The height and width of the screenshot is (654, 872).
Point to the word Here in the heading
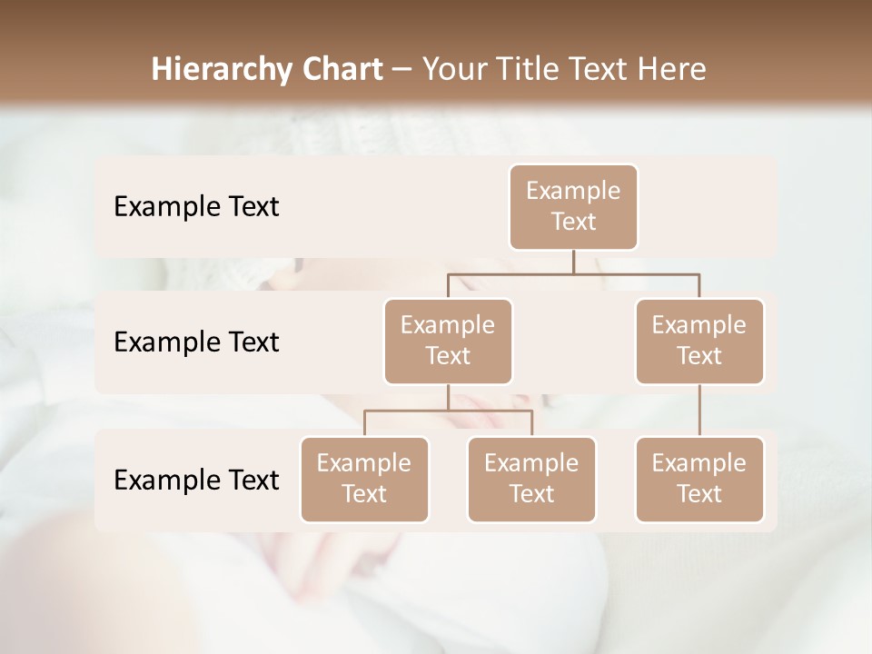[673, 69]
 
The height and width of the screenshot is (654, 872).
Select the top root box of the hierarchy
[573, 207]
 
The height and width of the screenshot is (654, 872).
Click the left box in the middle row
[448, 342]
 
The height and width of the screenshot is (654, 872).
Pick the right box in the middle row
[699, 342]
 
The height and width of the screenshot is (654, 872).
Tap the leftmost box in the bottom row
[364, 480]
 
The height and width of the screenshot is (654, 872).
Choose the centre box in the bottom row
[531, 480]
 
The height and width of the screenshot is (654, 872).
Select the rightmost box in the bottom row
[699, 480]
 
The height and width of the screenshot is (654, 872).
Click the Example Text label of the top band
[196, 207]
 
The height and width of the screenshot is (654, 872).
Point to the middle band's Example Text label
[196, 342]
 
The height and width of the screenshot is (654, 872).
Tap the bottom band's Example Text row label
[196, 481]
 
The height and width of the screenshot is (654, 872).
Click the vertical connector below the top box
[573, 262]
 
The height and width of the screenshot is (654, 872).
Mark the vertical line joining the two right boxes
[699, 411]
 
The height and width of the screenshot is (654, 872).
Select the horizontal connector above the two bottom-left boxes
[448, 411]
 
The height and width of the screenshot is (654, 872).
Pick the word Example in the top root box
[573, 191]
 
